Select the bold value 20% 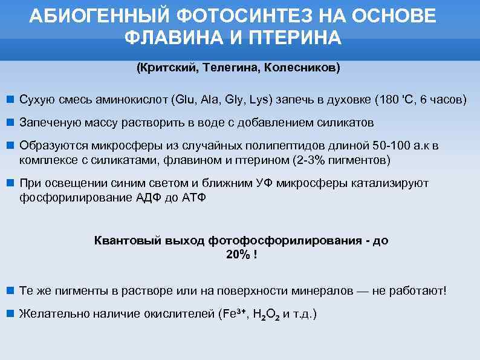click(x=238, y=255)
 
